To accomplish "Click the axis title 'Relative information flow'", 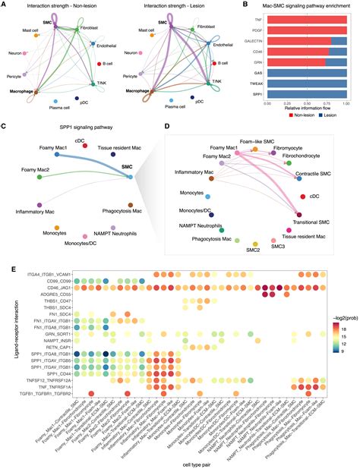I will [306, 109].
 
